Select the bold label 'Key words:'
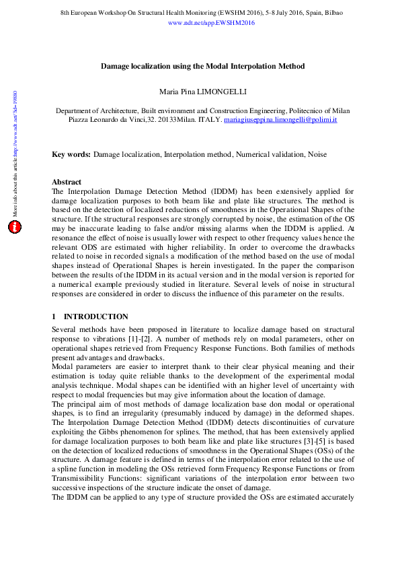[71, 155]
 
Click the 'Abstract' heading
[67, 182]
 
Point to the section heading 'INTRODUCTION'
[95, 316]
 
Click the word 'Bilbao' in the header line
[333, 13]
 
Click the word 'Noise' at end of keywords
[317, 155]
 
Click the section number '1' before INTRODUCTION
[54, 316]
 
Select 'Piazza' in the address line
[80, 119]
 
